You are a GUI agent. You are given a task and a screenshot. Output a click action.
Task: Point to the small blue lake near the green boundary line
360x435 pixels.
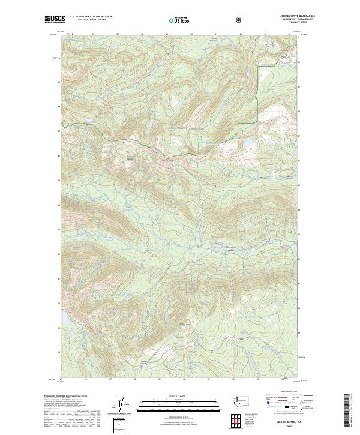coord(247,143)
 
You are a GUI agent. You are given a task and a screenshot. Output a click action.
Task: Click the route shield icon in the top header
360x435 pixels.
coord(239,19)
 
